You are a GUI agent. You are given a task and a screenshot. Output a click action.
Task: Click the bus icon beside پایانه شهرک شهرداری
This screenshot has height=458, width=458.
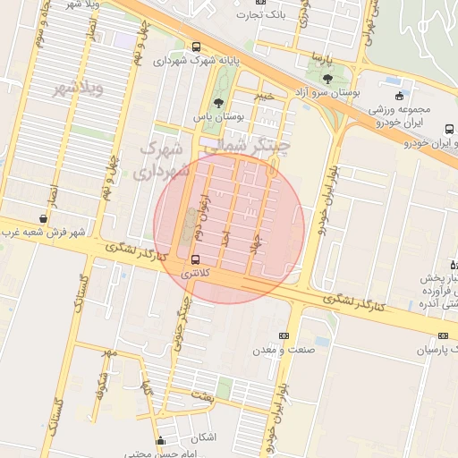195,47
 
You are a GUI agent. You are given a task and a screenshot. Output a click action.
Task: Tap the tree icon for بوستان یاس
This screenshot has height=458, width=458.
219,104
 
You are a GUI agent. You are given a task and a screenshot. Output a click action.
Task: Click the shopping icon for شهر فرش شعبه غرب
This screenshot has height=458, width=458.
43,218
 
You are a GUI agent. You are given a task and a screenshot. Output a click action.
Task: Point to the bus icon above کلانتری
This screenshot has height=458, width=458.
196,261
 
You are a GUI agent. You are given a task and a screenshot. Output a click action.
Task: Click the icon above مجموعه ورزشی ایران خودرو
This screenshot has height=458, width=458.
399,96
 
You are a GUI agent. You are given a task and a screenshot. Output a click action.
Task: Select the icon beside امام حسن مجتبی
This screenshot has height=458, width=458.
160,440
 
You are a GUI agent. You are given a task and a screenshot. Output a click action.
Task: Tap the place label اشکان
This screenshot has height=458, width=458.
204,437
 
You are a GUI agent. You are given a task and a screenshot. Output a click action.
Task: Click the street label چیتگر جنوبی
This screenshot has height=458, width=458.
179,331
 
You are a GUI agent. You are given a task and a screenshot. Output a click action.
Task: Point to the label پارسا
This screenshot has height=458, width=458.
322,57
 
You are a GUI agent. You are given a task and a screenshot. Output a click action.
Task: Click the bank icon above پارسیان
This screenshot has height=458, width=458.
443,335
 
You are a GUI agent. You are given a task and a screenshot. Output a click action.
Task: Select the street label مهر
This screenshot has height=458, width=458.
109,354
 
